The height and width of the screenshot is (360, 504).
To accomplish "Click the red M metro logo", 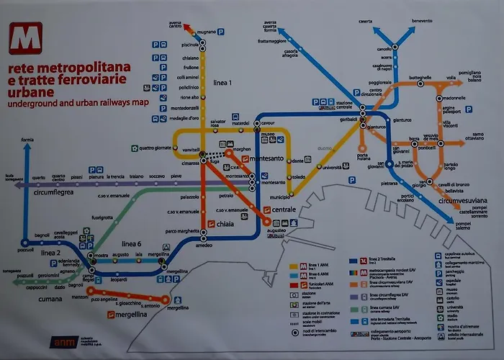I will pos(25,38).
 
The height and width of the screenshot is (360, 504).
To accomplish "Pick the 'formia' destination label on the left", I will pos(27,139).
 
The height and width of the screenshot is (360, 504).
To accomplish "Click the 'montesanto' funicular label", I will pos(267,158).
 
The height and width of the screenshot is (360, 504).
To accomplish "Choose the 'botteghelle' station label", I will pos(420,77).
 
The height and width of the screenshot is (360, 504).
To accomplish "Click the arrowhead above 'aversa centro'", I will pos(188,29).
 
